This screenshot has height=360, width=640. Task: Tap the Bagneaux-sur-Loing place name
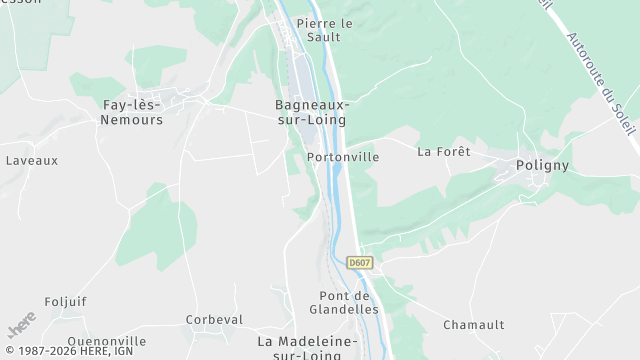point(311,111)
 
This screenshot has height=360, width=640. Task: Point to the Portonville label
point(343,157)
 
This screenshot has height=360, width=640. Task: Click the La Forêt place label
point(443,152)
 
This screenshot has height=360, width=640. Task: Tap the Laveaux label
point(32,160)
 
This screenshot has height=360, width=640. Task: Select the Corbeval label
point(215,320)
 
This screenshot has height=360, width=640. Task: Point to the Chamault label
point(474,325)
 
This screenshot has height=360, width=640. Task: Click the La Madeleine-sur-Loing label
point(307,347)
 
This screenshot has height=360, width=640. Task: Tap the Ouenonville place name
point(107,341)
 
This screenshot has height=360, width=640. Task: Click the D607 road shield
point(360,262)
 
